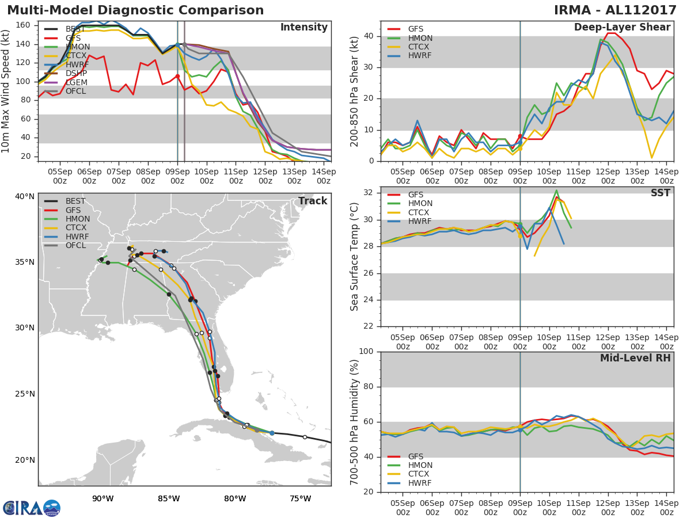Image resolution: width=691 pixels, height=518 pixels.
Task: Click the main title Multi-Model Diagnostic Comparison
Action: pyautogui.click(x=135, y=10)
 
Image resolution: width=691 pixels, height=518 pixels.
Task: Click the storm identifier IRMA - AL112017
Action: pyautogui.click(x=615, y=10)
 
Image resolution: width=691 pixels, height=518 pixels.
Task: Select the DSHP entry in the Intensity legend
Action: pyautogui.click(x=76, y=73)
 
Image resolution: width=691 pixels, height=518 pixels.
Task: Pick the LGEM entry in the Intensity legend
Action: pyautogui.click(x=77, y=82)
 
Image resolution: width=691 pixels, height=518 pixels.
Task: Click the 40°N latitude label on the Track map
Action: pyautogui.click(x=25, y=197)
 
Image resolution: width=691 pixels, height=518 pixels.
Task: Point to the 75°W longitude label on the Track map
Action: pyautogui.click(x=301, y=498)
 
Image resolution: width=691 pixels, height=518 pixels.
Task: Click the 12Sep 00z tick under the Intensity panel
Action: pyautogui.click(x=265, y=177)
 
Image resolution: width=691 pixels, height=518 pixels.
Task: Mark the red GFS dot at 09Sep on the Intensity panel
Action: pyautogui.click(x=177, y=77)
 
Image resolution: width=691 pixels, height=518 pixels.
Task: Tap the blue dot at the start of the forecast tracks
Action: pyautogui.click(x=272, y=433)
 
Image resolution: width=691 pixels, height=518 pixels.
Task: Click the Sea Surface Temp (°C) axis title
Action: pyautogui.click(x=354, y=257)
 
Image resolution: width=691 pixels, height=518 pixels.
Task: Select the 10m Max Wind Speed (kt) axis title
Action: pyautogui.click(x=5, y=91)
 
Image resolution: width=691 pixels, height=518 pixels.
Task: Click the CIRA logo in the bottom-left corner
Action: pyautogui.click(x=32, y=508)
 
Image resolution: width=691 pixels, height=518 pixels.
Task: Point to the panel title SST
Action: pyautogui.click(x=660, y=193)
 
